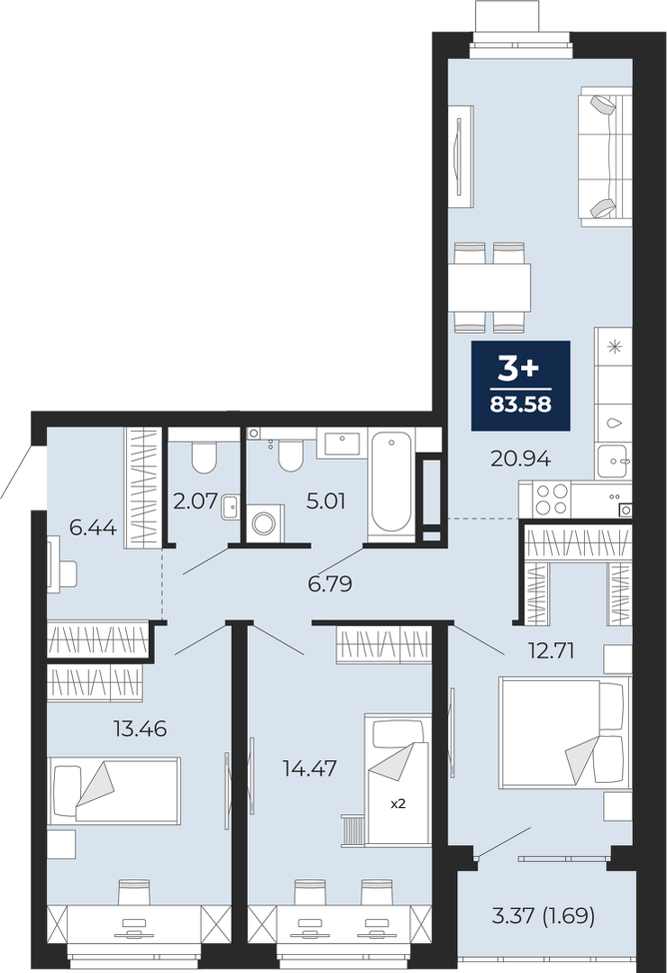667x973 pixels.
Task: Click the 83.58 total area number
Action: coord(521,405)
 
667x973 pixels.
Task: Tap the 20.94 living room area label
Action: coord(521,459)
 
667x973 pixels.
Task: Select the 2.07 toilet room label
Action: coord(196,500)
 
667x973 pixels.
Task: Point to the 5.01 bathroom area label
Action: coord(326,500)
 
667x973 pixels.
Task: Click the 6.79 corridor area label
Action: coord(330,583)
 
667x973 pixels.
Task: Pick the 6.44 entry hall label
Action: coord(93,528)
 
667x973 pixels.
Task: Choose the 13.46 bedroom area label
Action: coord(141,728)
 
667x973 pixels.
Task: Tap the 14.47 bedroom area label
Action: coord(309,768)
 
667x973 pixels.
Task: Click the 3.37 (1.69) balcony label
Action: coord(543,915)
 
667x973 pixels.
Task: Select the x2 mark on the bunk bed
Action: coord(397,803)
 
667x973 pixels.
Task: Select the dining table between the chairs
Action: coord(489,288)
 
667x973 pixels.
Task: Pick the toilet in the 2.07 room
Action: coord(204,455)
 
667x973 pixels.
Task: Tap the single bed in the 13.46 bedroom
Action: coord(114,790)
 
